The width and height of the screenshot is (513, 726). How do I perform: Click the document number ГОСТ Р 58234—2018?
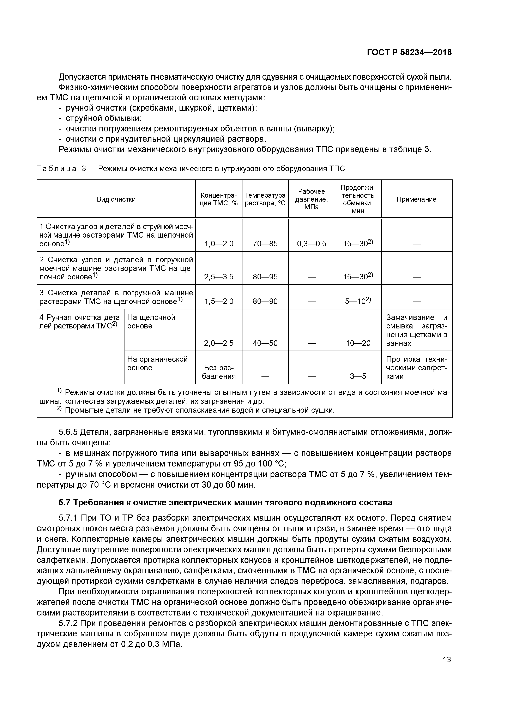409,53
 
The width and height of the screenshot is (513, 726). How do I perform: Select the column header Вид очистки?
116,199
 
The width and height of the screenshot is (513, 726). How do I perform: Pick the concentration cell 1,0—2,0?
219,243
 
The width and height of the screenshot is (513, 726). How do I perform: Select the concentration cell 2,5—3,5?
219,277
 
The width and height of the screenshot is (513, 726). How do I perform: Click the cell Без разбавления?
219,372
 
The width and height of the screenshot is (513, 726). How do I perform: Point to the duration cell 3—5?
358,376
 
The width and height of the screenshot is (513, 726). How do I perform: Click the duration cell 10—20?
358,343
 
